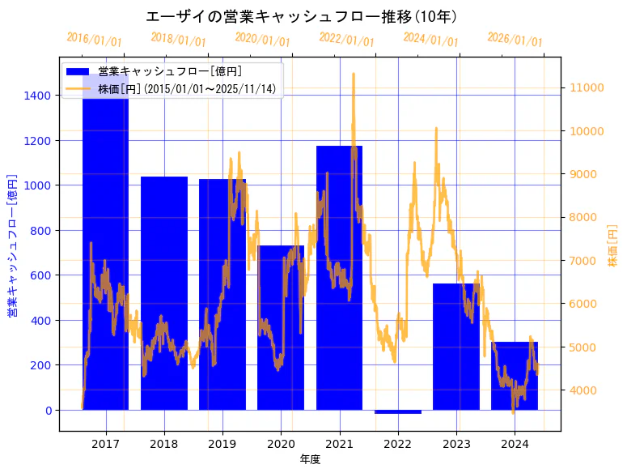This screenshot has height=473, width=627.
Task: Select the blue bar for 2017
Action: [x=105, y=243]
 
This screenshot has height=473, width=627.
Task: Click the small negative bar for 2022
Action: [x=398, y=411]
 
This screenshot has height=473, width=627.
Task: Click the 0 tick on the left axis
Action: [x=48, y=411]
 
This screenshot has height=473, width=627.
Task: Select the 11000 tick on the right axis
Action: [x=587, y=87]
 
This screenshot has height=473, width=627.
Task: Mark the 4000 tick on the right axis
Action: [x=585, y=390]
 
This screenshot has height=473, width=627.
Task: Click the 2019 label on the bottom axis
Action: [x=222, y=444]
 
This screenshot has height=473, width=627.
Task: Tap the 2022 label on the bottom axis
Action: [x=398, y=444]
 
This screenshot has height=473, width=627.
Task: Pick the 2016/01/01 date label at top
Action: [x=94, y=39]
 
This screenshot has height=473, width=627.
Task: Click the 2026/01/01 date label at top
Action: [x=515, y=39]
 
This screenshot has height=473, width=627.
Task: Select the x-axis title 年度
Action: [x=310, y=459]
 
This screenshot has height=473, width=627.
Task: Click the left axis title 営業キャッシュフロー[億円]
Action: [x=13, y=245]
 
